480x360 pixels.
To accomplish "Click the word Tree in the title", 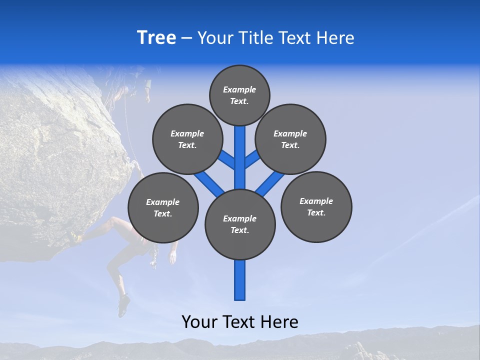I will pos(156,38).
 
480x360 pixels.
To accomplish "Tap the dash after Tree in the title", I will pos(187,38).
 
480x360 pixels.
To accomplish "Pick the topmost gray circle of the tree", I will pos(239,95).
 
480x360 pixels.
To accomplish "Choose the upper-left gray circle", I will pos(187,139).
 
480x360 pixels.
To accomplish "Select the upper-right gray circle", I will pos(290,139).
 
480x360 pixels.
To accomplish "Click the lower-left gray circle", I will pos(163,207).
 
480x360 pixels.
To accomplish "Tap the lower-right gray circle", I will pos(316,206).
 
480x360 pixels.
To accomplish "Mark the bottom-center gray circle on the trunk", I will pos(240,224).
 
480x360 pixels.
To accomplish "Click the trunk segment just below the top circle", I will pos(240,137).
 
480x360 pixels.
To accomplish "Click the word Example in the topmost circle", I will pos(239,89).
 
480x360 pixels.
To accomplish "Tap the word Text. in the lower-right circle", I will pos(316,212).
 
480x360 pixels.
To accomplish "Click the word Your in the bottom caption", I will pos(200,321).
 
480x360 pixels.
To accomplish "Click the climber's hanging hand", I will pos(172,257).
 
